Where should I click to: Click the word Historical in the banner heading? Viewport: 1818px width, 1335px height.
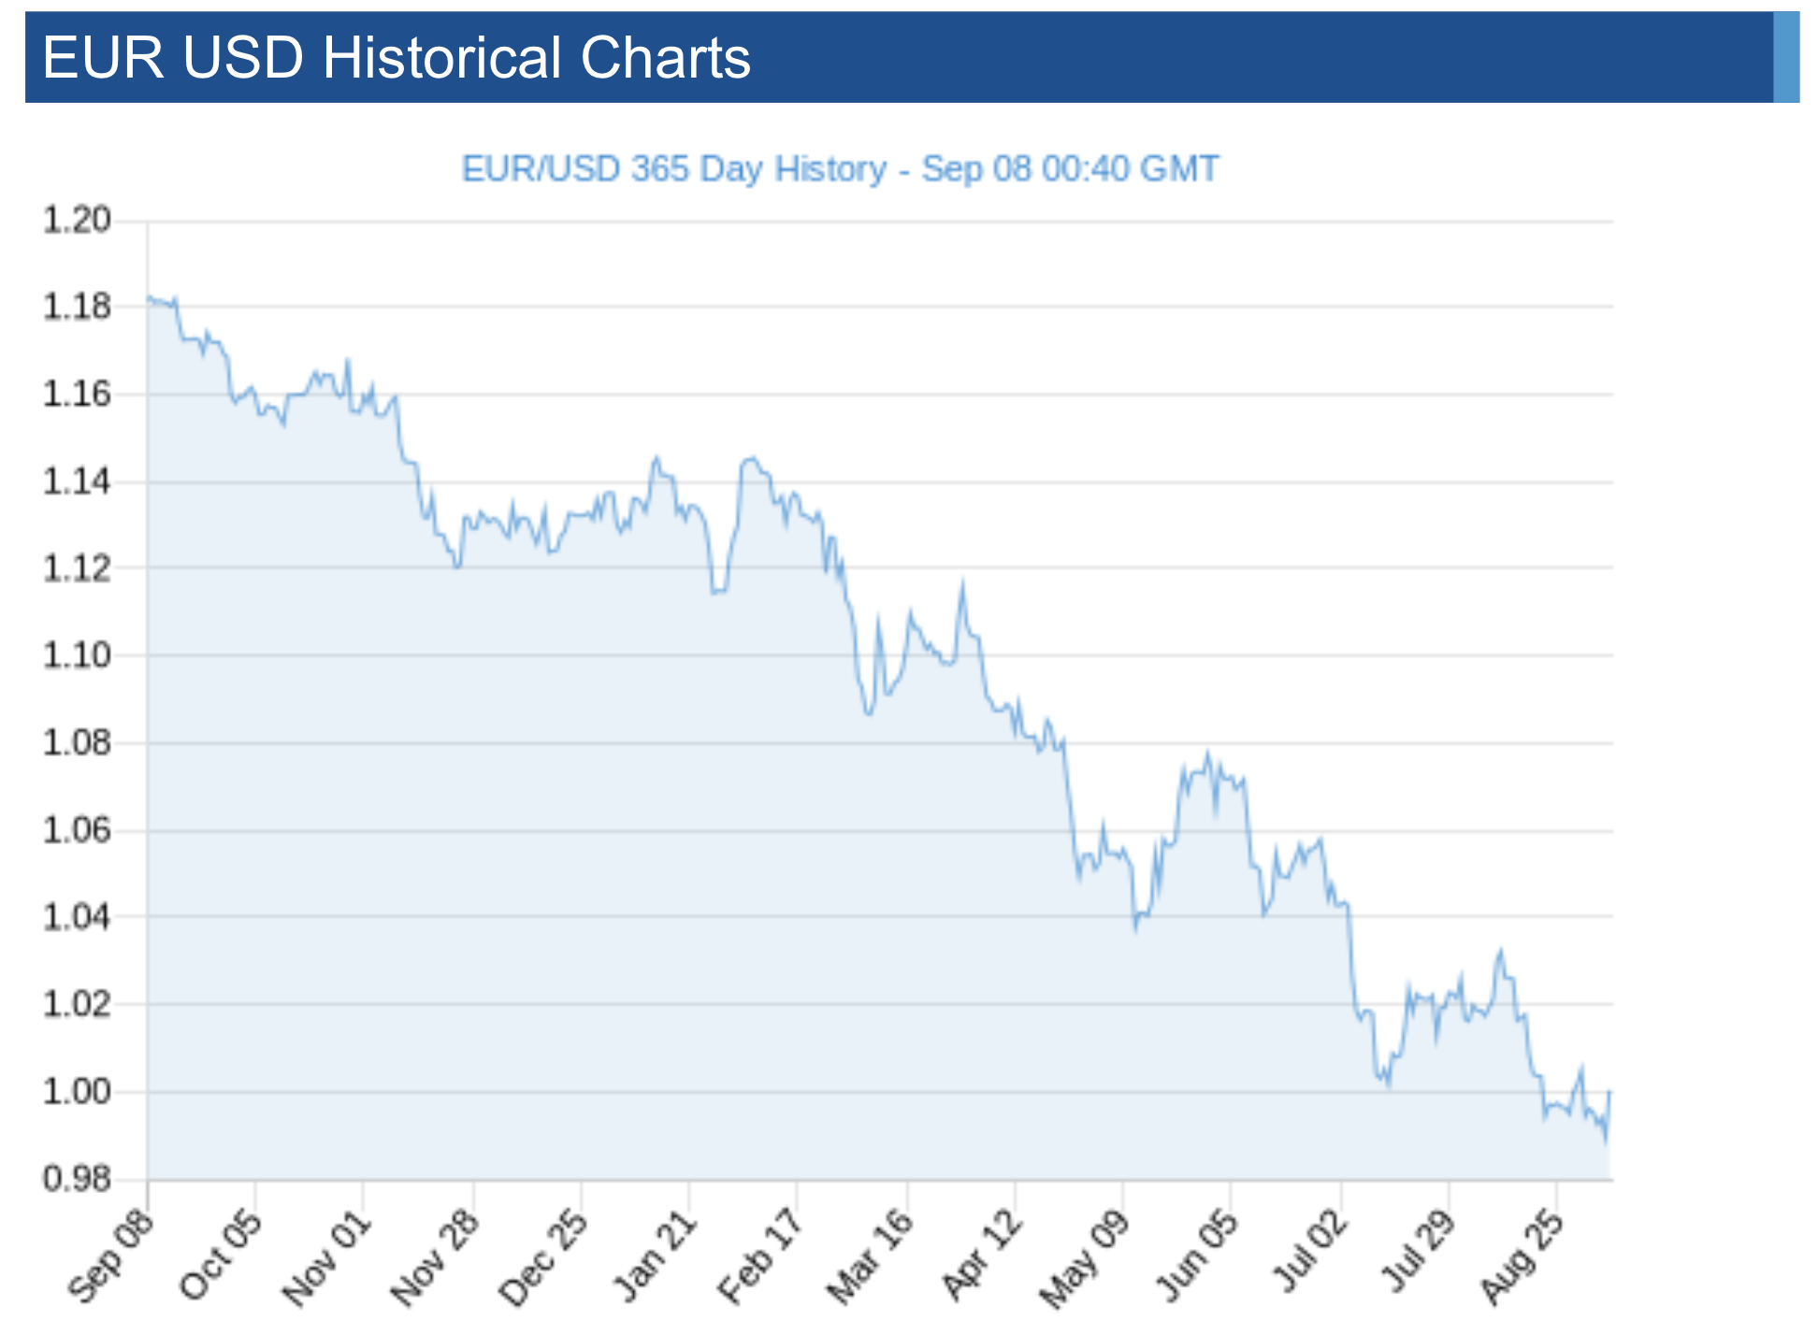coord(442,58)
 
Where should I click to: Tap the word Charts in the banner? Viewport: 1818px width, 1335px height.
coord(665,58)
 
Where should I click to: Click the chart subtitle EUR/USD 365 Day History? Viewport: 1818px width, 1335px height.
coord(673,169)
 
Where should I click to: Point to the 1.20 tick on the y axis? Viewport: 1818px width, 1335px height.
coord(77,221)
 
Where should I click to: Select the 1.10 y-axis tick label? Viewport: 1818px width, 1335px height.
coord(77,655)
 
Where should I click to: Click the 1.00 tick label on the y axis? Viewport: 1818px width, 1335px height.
coord(77,1091)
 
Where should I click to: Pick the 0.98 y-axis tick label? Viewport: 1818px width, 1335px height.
coord(77,1179)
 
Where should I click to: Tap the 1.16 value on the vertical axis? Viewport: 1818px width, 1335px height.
coord(77,395)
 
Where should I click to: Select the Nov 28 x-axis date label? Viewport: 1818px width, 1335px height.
coord(436,1256)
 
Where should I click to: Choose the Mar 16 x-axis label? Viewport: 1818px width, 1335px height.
coord(870,1256)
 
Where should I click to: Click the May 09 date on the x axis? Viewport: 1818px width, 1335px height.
coord(1086,1258)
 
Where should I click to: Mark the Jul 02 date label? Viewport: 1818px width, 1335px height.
coord(1307,1256)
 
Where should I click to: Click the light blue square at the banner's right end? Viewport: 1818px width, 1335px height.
coord(1785,57)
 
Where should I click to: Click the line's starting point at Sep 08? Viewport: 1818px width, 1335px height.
coord(148,298)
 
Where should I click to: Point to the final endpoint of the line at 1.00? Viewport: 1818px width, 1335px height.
coord(1609,1091)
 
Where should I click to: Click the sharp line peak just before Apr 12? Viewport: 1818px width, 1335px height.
coord(962,583)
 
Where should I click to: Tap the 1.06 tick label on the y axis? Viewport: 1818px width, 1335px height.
coord(77,829)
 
